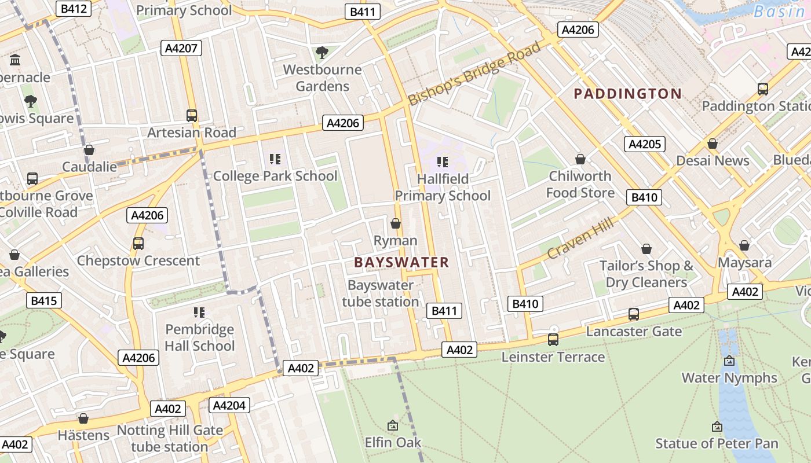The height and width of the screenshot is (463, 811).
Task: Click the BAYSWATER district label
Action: [401, 262]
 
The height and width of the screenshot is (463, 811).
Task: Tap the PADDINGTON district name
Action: [627, 94]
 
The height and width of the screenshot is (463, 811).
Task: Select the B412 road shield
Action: [74, 9]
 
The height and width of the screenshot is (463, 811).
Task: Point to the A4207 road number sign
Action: [181, 48]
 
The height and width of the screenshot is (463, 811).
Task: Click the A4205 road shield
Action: [644, 144]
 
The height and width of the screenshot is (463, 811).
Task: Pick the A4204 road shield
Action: [229, 405]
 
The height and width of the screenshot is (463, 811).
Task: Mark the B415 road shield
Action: [44, 300]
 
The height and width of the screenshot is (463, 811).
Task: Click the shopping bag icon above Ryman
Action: [396, 223]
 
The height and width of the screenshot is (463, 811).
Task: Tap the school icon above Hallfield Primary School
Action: [443, 162]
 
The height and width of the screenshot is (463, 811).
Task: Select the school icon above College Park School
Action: [275, 159]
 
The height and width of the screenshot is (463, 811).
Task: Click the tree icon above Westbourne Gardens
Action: [322, 53]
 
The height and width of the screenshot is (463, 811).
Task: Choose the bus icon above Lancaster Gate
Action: [634, 314]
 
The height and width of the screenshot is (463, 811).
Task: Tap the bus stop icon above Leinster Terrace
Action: [553, 340]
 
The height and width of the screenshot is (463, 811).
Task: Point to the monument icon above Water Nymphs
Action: [729, 361]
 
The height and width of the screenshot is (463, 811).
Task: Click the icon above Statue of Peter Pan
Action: [717, 427]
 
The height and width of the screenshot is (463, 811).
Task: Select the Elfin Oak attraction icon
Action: [393, 425]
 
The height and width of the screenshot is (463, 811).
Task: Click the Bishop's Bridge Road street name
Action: [474, 74]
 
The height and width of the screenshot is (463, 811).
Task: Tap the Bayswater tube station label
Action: [381, 293]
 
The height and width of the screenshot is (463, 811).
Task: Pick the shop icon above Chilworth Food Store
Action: [580, 159]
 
